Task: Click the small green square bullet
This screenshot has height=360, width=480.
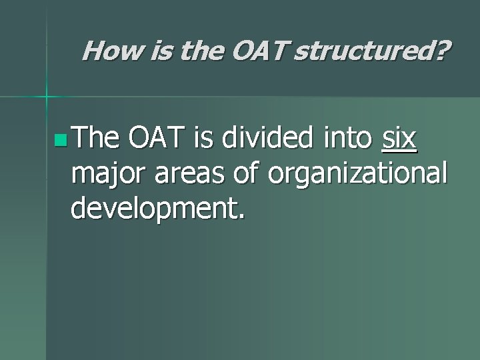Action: click(x=63, y=141)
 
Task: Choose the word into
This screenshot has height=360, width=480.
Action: click(x=347, y=141)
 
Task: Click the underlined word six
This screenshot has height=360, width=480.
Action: click(x=399, y=141)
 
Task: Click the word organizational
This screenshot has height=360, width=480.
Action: click(x=356, y=175)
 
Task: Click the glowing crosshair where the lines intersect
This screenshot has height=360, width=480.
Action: click(x=47, y=97)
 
